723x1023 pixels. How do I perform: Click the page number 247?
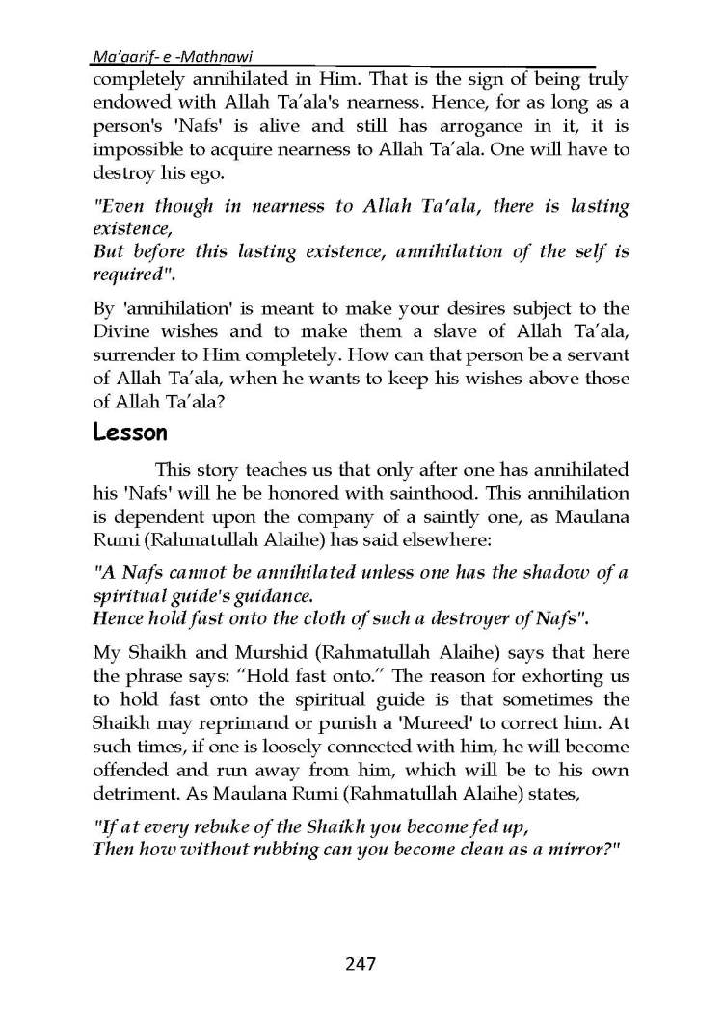(361, 964)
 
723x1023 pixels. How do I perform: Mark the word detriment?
(134, 800)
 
